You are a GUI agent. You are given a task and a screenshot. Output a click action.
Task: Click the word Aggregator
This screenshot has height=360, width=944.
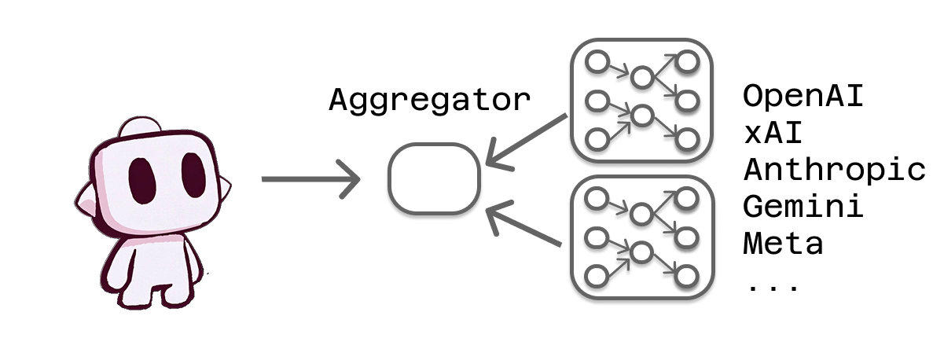click(x=429, y=101)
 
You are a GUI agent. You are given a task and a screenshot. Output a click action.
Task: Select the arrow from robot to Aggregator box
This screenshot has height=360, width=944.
click(x=310, y=180)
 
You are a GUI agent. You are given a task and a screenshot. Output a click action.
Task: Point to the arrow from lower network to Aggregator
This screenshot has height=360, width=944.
click(x=525, y=227)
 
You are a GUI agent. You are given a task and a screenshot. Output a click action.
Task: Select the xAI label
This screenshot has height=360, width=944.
click(x=773, y=133)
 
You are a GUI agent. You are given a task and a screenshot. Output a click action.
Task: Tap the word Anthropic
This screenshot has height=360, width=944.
click(x=834, y=170)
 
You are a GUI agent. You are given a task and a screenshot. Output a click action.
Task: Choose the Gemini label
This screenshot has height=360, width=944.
click(x=803, y=206)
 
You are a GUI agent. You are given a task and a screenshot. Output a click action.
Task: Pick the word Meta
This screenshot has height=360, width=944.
click(x=783, y=243)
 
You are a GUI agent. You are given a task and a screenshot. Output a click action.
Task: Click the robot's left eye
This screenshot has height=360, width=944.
click(x=141, y=179)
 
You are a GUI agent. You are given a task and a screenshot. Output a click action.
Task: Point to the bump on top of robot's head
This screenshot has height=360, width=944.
click(x=142, y=129)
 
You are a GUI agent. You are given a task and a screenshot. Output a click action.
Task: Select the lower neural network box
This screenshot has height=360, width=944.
click(x=641, y=235)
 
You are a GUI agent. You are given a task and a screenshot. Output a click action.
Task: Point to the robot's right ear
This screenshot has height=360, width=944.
click(x=225, y=189)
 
